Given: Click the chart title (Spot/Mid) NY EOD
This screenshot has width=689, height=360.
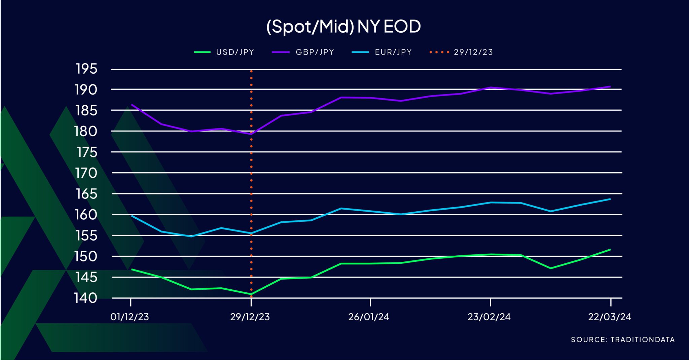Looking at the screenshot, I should (x=343, y=27).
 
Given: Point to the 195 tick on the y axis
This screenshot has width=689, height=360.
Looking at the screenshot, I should (x=86, y=69).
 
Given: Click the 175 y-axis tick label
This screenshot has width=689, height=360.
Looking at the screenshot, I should (x=87, y=152).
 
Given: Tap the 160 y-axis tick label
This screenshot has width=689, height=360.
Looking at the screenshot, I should (x=86, y=215).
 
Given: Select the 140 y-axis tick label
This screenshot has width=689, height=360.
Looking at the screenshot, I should (x=86, y=298).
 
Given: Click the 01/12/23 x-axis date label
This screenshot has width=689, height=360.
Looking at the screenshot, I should (x=130, y=317).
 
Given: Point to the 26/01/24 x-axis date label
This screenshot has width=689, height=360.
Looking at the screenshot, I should (x=369, y=317).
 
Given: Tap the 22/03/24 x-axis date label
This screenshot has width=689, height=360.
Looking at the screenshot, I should (x=609, y=317).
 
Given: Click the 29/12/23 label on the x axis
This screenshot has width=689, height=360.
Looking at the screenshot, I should (x=250, y=317).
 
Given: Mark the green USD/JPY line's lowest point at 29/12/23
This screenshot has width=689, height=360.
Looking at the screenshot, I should (x=251, y=294).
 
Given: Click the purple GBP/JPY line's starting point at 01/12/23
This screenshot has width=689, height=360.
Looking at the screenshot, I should (x=131, y=105).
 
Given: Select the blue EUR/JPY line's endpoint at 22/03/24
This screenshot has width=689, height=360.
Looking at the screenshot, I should (x=610, y=199).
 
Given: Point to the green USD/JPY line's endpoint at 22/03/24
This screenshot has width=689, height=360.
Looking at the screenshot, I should (x=610, y=250).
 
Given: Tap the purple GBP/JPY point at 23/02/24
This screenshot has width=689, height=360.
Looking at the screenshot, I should (x=491, y=87).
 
